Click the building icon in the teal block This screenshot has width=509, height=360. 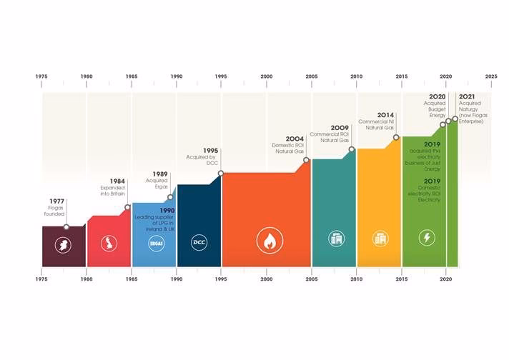[x=335, y=239]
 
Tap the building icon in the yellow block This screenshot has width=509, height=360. [x=380, y=239]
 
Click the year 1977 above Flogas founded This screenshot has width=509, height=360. [x=57, y=201]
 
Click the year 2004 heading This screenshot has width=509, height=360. [x=295, y=139]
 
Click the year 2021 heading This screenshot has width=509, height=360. [x=467, y=96]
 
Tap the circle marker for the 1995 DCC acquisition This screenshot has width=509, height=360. [x=221, y=174]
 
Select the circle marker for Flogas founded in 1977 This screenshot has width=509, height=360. [x=66, y=227]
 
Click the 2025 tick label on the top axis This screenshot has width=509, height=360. [x=490, y=76]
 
